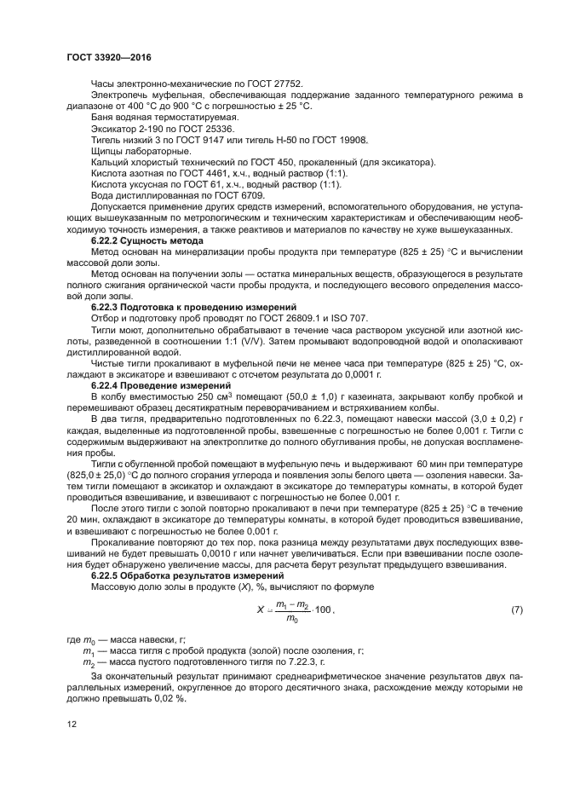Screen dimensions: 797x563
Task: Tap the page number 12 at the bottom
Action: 71,723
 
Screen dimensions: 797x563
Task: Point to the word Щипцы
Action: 107,150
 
